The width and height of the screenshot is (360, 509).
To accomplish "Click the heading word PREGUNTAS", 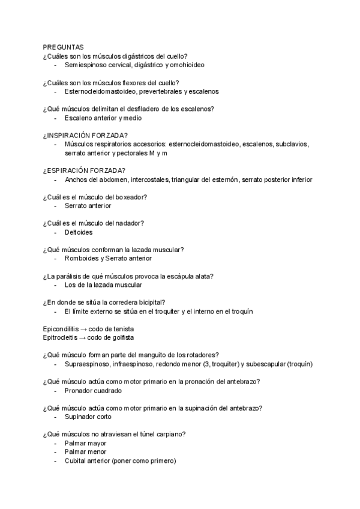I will tap(63, 47).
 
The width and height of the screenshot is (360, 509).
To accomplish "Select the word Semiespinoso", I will tap(85, 65).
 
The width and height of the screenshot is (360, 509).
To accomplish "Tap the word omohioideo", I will tap(188, 65).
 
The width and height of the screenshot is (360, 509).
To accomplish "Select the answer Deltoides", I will tap(79, 232).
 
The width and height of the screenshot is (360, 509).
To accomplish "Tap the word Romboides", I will tap(81, 258).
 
